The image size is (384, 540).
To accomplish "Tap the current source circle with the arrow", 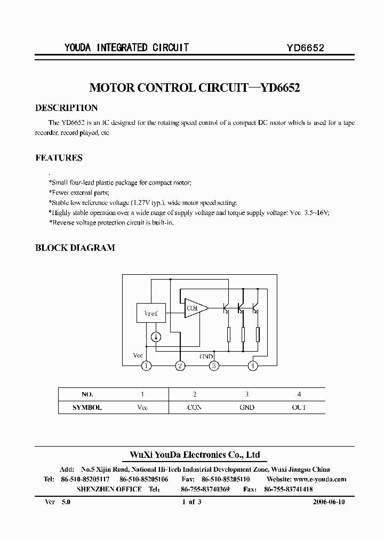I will point(156,337).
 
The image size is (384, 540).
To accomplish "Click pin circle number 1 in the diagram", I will point(146,366).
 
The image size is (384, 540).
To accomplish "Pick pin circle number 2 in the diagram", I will point(181,366).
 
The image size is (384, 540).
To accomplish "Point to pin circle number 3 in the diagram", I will point(214,366).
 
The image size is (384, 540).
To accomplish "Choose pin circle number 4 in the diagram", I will point(253,366).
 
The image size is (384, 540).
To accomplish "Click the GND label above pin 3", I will point(206,356).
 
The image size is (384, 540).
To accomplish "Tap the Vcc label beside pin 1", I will point(138,355).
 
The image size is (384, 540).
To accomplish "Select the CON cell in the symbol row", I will point(195,407).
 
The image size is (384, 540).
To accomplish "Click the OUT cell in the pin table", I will point(299,407).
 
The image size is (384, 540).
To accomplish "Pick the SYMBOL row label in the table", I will point(87,407).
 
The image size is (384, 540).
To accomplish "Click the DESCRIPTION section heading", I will point(66,108).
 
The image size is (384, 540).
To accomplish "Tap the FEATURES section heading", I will point(59,158).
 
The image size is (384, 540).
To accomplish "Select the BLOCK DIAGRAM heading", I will point(75,248).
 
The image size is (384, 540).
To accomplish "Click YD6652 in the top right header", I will point(306,47).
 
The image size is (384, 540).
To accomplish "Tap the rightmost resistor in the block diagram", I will point(258,335).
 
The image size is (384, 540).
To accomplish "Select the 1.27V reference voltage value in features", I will point(141,203).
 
